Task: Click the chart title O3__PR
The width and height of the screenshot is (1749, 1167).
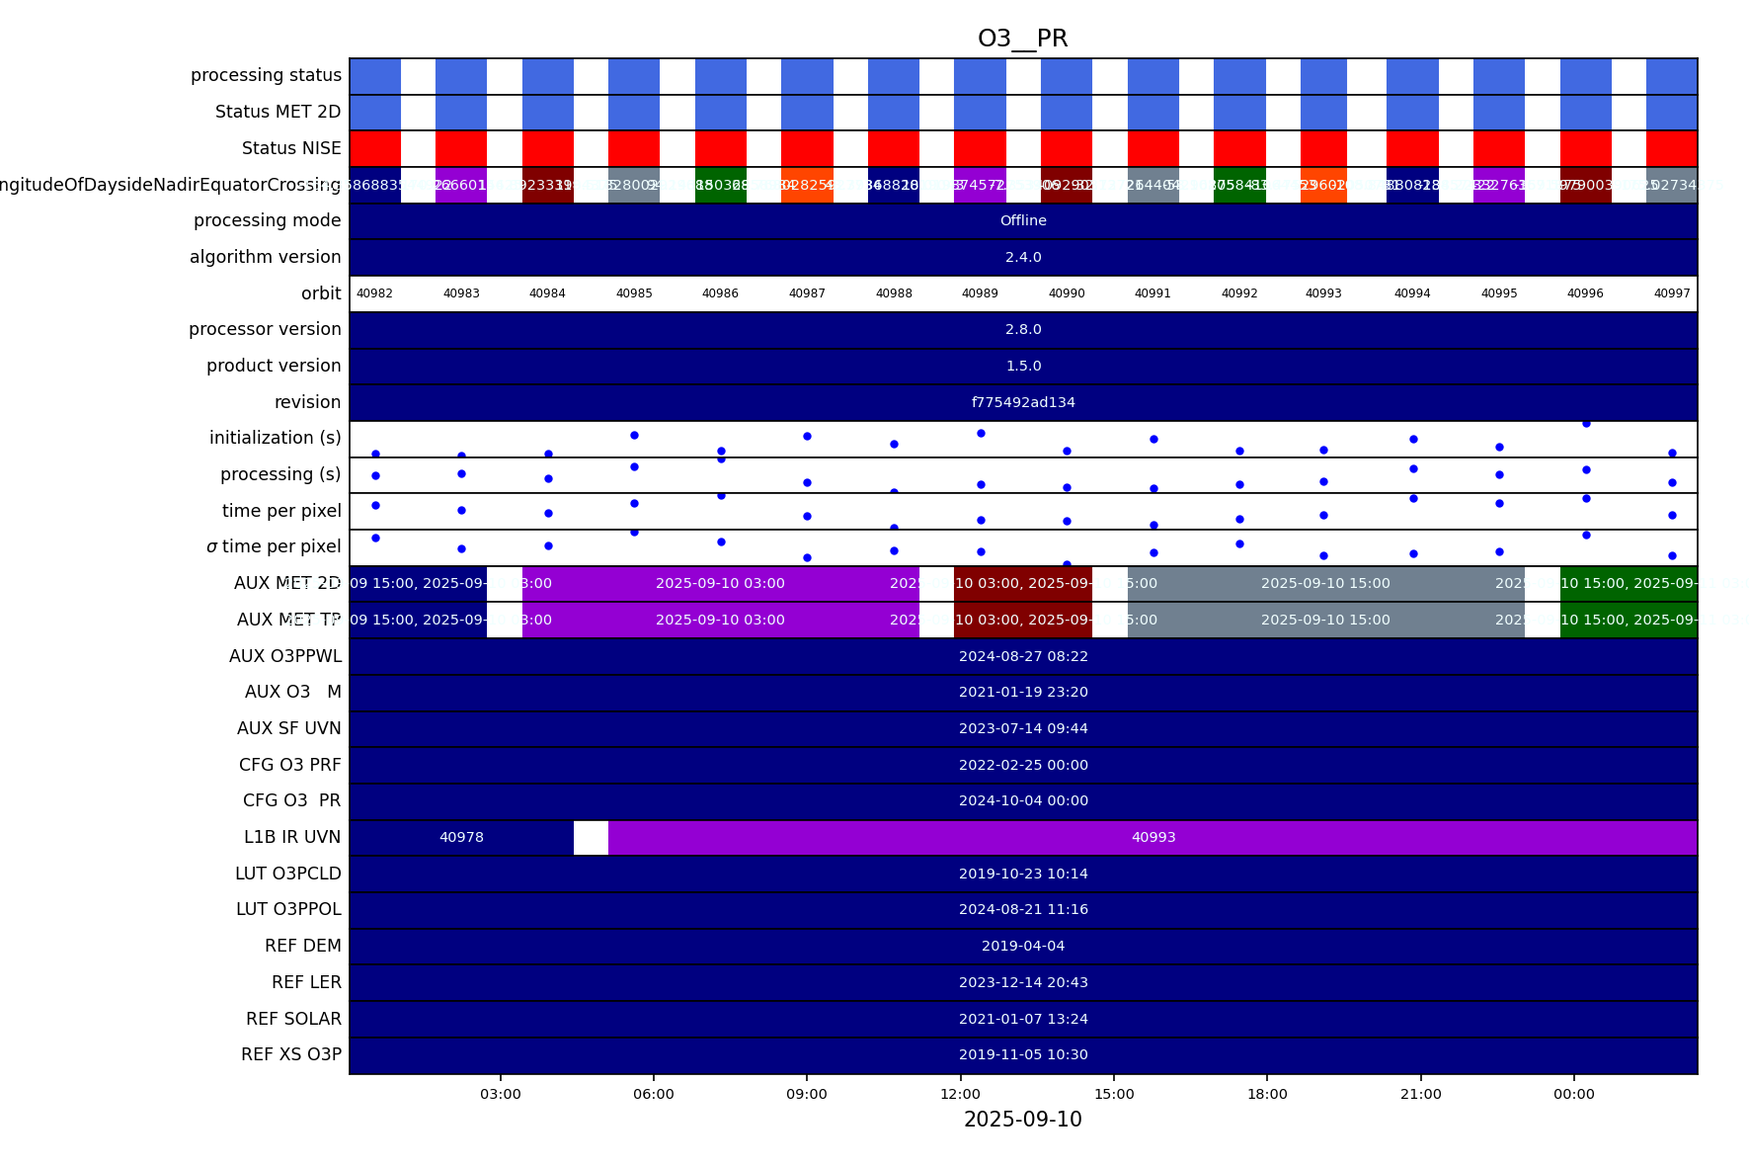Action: (x=1022, y=39)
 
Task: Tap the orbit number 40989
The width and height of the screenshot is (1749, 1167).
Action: (x=980, y=293)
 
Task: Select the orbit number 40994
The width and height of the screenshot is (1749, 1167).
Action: (x=1412, y=293)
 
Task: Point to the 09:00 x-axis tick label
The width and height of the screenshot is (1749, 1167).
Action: (x=807, y=1094)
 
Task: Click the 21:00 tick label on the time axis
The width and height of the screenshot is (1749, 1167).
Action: (x=1420, y=1094)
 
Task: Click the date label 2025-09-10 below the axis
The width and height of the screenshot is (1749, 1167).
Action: (x=1022, y=1120)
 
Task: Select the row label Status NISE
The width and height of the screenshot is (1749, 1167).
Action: (x=291, y=148)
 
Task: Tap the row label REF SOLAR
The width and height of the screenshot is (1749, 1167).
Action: (x=293, y=1019)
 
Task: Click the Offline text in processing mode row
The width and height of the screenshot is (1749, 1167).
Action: (x=1023, y=220)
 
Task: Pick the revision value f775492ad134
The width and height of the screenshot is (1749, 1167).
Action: (x=1023, y=402)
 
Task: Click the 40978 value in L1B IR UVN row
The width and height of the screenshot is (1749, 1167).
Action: (x=461, y=837)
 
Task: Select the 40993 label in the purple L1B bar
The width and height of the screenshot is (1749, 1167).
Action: (x=1153, y=837)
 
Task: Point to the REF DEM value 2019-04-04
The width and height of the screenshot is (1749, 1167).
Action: (x=1023, y=946)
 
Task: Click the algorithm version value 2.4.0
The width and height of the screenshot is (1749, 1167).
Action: (x=1023, y=257)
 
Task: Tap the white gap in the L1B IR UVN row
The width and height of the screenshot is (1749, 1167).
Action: (x=591, y=837)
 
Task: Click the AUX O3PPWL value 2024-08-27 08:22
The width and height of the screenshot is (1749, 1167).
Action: (x=1023, y=656)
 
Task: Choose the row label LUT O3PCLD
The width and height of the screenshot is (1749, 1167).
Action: (x=287, y=874)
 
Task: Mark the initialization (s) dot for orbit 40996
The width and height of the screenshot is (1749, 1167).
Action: (x=1586, y=424)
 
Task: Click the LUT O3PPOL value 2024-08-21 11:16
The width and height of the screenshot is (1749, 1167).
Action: (x=1023, y=909)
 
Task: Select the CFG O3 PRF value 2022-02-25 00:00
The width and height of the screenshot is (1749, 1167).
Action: (x=1023, y=765)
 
